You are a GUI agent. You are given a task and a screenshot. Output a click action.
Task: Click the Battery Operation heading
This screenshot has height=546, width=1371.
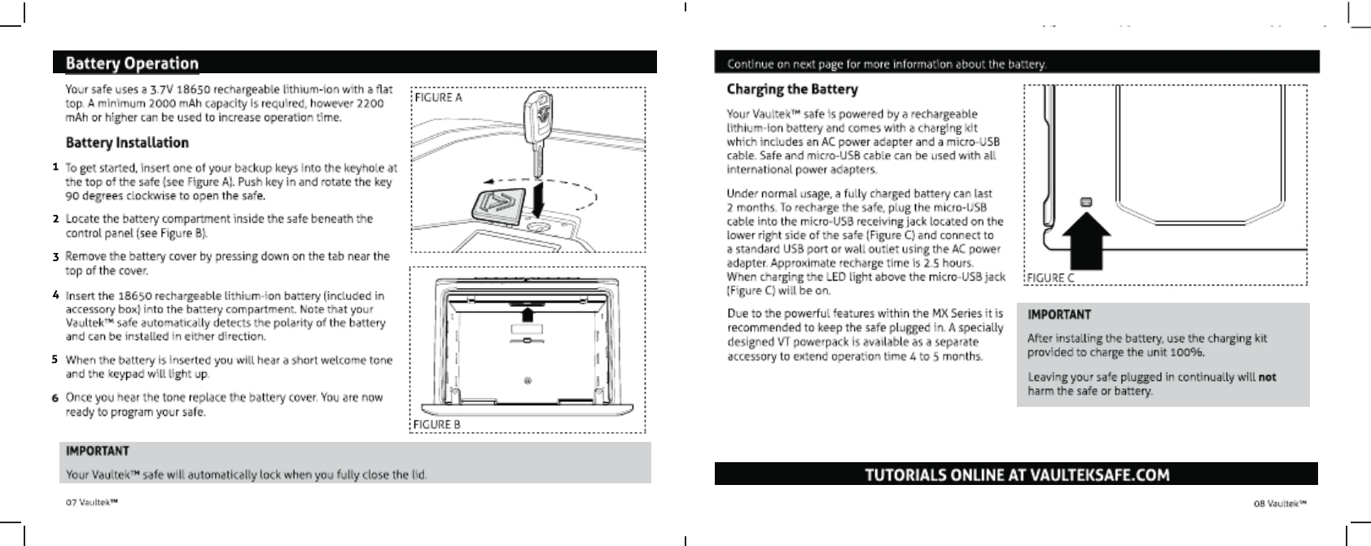click(x=132, y=63)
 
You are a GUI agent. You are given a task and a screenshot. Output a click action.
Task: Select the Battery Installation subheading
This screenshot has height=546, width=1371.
click(x=127, y=142)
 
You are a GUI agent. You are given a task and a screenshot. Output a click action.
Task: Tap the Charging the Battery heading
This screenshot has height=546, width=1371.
click(x=792, y=89)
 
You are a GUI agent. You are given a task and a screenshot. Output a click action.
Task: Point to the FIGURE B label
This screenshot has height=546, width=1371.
click(x=437, y=424)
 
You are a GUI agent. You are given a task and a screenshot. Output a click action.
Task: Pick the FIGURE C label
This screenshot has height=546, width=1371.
click(x=1050, y=277)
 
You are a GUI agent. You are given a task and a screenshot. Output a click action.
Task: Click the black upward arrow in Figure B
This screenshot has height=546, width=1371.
click(x=528, y=314)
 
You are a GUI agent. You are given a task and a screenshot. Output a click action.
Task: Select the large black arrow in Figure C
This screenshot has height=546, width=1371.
click(x=1085, y=241)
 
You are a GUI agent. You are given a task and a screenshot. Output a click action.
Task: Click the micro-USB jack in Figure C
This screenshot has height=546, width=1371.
click(x=1085, y=201)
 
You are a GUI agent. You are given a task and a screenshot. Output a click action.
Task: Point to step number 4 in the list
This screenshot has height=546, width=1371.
click(x=55, y=295)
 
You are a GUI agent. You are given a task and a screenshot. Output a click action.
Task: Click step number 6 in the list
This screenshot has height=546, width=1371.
click(x=55, y=398)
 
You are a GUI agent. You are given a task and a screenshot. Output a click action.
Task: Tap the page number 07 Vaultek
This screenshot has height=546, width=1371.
click(x=92, y=503)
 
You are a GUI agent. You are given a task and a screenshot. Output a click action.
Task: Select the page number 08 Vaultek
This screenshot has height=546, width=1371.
click(x=1279, y=503)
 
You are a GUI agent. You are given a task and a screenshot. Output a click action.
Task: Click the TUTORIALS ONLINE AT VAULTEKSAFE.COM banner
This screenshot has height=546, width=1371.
click(x=1016, y=474)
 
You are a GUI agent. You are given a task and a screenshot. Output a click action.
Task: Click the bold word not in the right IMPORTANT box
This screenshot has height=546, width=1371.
click(x=1267, y=377)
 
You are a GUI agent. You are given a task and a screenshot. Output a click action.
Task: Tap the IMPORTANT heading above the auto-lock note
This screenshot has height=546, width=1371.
click(x=97, y=450)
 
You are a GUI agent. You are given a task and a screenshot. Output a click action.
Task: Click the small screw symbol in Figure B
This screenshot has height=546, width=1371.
click(x=528, y=381)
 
